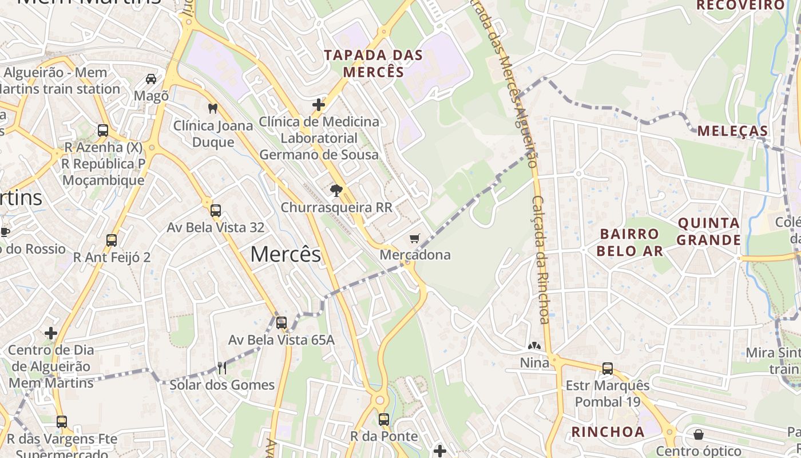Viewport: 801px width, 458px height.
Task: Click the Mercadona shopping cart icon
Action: [415, 238]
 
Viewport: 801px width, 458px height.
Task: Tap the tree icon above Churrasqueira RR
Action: [336, 191]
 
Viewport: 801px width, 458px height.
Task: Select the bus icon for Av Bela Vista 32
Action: [215, 211]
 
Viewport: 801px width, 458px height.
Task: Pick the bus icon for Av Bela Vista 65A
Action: [281, 323]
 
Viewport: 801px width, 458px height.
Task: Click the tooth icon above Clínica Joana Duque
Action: [213, 108]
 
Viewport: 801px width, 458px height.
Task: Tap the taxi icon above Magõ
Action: [151, 79]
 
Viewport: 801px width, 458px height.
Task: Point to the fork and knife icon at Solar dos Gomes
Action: [222, 368]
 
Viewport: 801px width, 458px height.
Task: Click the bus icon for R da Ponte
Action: [384, 420]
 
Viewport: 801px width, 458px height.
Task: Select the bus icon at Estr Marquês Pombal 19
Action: [607, 369]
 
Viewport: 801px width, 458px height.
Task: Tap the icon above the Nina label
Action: [534, 346]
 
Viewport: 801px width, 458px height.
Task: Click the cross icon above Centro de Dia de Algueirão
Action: [51, 333]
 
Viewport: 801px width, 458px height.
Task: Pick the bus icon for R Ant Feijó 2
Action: [112, 240]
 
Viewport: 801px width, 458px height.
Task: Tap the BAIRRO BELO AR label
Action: [629, 242]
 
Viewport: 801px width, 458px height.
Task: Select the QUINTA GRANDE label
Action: [709, 231]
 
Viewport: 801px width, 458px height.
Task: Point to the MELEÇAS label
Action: [732, 131]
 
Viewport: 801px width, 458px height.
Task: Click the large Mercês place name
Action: [285, 254]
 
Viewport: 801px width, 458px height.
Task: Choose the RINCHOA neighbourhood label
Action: [608, 432]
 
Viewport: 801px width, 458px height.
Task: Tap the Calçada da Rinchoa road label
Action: [541, 260]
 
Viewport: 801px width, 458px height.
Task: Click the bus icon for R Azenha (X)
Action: [103, 131]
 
